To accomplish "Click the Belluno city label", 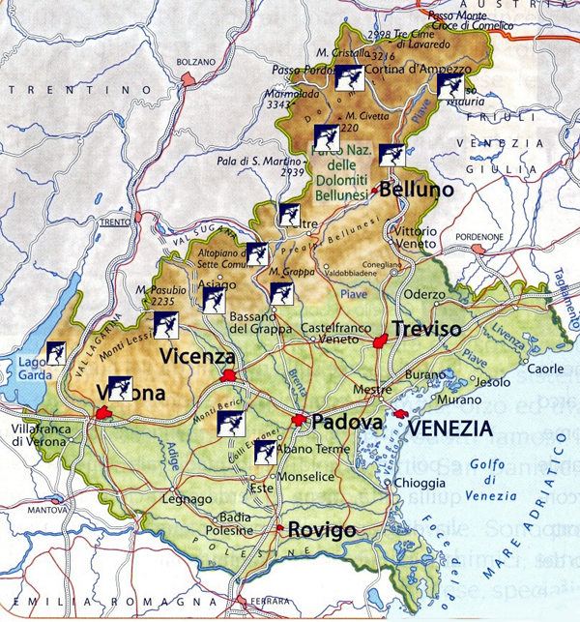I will pos(418,191).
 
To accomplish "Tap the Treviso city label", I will pos(425,329).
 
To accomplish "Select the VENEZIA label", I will pos(448,426).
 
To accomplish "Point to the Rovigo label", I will pos(321,530).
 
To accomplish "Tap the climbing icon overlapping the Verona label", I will pos(121,388).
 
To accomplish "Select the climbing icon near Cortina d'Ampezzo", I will pos(350,78).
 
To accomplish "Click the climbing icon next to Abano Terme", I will pos(267,452).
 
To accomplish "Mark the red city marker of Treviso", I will pos(381,341).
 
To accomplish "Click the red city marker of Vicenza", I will pos(228,375).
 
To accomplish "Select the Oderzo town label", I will pos(422,295).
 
